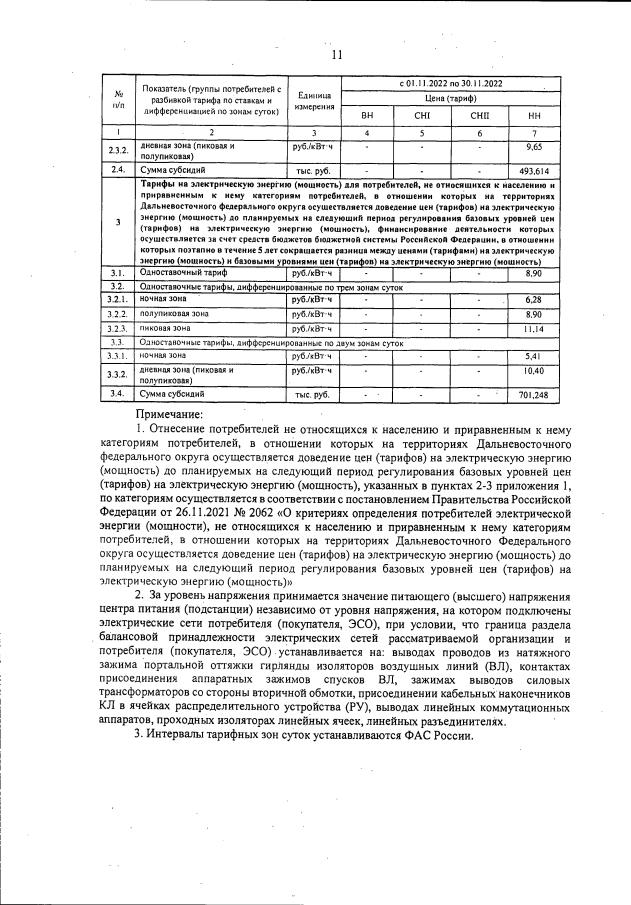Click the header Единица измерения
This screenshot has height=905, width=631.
pyautogui.click(x=312, y=100)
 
